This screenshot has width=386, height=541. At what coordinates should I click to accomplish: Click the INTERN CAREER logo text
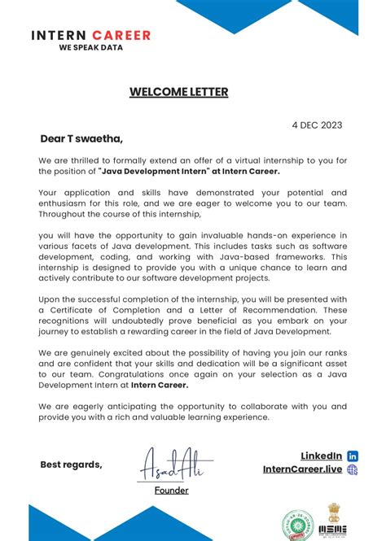[x=91, y=35]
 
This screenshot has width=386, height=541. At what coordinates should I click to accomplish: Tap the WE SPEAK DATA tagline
[x=90, y=48]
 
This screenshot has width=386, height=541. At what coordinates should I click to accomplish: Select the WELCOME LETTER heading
[x=178, y=92]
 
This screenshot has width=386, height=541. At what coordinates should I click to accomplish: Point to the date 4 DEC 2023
[x=317, y=125]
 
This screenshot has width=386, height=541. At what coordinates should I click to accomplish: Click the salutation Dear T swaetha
[x=81, y=138]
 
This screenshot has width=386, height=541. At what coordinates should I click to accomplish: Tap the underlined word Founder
[x=172, y=491]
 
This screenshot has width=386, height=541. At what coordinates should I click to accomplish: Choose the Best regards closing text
[x=72, y=465]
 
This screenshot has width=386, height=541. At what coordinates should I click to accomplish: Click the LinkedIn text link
[x=321, y=456]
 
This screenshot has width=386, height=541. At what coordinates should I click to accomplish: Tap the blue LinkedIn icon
[x=353, y=456]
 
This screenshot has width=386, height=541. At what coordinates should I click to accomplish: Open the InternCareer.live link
[x=302, y=469]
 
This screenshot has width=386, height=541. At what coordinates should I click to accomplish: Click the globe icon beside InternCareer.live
[x=353, y=469]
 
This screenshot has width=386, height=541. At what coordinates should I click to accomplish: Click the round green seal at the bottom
[x=295, y=525]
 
